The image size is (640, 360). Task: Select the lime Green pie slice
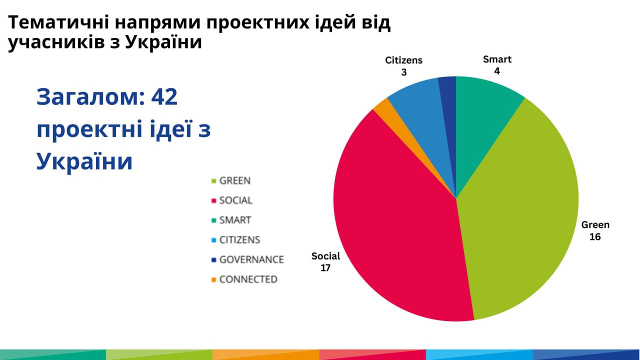click(520, 210)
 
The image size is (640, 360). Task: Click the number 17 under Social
click(325, 268)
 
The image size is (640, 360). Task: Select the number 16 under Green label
click(595, 236)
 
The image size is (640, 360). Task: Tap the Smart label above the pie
click(497, 59)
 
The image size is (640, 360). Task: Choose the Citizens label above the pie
click(403, 60)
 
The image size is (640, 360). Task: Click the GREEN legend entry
click(234, 180)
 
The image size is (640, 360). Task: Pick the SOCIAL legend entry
click(235, 200)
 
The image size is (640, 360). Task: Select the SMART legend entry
click(235, 220)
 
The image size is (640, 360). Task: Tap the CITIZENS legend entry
click(239, 240)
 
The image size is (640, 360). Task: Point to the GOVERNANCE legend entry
click(251, 259)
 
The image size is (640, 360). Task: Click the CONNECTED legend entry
click(248, 279)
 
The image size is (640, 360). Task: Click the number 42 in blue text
click(163, 97)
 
